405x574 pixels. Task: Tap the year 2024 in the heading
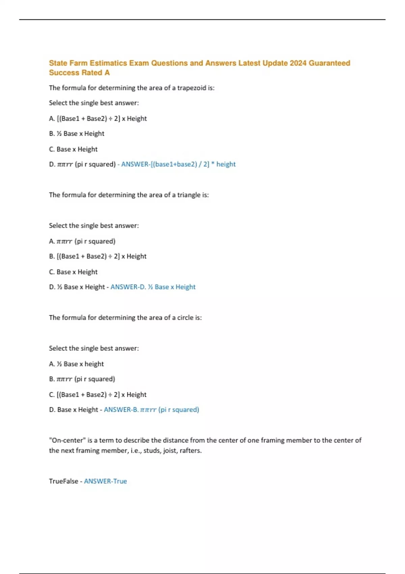(x=298, y=63)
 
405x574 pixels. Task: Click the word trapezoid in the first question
(x=191, y=88)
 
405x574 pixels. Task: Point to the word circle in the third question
(x=185, y=317)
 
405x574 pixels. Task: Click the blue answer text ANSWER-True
(x=105, y=481)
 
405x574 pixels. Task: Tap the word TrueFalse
(x=63, y=481)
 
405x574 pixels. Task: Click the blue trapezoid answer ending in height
(x=178, y=164)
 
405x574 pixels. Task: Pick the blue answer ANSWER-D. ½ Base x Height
(x=153, y=287)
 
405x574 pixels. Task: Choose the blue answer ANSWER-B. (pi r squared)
(x=151, y=410)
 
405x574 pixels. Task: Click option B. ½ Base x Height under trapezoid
(x=77, y=134)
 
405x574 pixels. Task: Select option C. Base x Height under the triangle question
(x=73, y=272)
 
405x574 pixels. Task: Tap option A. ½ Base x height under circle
(x=76, y=364)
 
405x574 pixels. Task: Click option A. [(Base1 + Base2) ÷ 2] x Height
(x=98, y=119)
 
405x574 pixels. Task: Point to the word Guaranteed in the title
(x=329, y=63)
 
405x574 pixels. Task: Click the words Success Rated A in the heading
(x=79, y=73)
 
